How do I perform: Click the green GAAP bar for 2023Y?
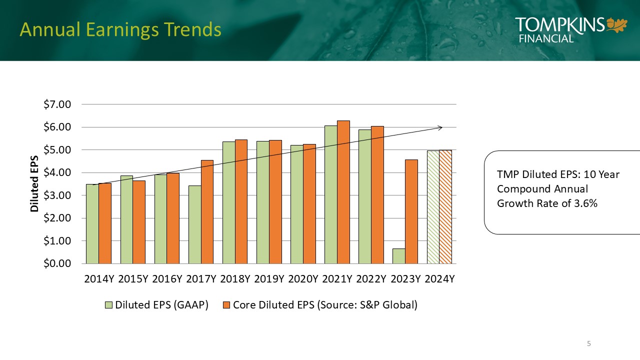pyautogui.click(x=398, y=256)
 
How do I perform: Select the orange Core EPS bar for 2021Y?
pyautogui.click(x=343, y=192)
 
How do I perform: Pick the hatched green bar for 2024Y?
pyautogui.click(x=433, y=207)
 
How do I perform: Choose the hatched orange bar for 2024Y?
pyautogui.click(x=445, y=206)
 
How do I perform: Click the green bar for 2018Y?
pyautogui.click(x=228, y=202)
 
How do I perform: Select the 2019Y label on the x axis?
pyautogui.click(x=269, y=279)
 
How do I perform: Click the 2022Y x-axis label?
pyautogui.click(x=371, y=279)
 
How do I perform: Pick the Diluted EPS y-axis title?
pyautogui.click(x=34, y=184)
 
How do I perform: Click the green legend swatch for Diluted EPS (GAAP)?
pyautogui.click(x=108, y=305)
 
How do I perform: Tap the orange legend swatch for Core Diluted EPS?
pyautogui.click(x=226, y=305)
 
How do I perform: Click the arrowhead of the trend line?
pyautogui.click(x=440, y=127)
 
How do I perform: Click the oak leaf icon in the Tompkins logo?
pyautogui.click(x=617, y=24)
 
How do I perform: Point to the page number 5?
pyautogui.click(x=589, y=343)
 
